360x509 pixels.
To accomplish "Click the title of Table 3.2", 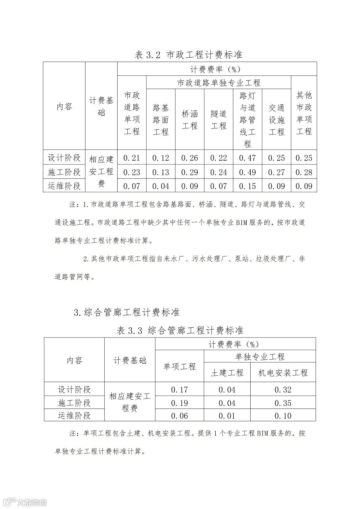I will pyautogui.click(x=188, y=55).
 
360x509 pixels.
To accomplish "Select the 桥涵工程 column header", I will pyautogui.click(x=190, y=120).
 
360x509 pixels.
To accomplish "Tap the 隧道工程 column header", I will pyautogui.click(x=219, y=120).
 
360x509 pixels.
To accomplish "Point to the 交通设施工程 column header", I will pyautogui.click(x=276, y=120).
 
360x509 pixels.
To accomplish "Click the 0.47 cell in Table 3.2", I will pyautogui.click(x=247, y=158).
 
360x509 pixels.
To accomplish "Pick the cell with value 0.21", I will pyautogui.click(x=132, y=158).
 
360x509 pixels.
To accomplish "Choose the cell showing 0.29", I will pyautogui.click(x=190, y=172).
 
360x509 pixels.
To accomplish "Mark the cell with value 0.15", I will pyautogui.click(x=247, y=186).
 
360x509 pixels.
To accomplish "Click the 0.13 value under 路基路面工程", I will pyautogui.click(x=161, y=172).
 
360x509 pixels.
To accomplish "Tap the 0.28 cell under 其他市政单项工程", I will pyautogui.click(x=304, y=172).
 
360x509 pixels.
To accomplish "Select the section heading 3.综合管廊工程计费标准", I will pyautogui.click(x=127, y=312).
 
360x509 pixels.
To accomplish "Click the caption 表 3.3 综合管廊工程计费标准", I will pyautogui.click(x=180, y=330).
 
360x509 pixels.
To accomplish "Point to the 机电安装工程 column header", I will pyautogui.click(x=283, y=373).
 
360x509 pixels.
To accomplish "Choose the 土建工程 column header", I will pyautogui.click(x=227, y=373).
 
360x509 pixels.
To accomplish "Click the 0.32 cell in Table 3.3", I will pyautogui.click(x=283, y=390).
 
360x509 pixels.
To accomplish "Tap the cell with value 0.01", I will pyautogui.click(x=227, y=416).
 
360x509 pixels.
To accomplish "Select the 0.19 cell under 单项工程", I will pyautogui.click(x=180, y=403).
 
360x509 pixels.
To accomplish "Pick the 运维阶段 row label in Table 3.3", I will pyautogui.click(x=74, y=416).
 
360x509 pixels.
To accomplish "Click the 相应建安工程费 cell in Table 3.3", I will pyautogui.click(x=130, y=402).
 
